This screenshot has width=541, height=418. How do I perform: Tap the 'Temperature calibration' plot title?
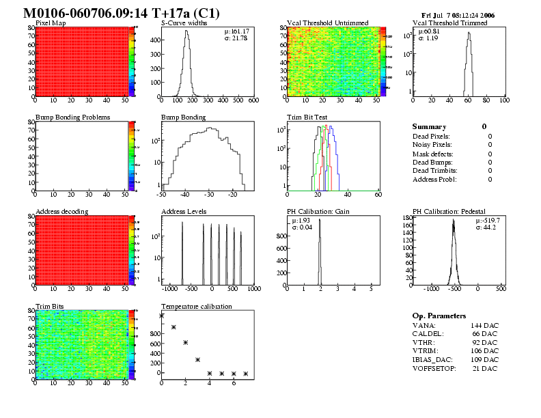click(x=196, y=306)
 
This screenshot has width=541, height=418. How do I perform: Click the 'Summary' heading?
click(x=429, y=127)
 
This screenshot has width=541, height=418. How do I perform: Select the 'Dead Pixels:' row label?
click(x=432, y=136)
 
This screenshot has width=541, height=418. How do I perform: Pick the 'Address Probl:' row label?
click(x=434, y=179)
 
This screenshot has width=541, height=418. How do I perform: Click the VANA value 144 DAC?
click(x=485, y=325)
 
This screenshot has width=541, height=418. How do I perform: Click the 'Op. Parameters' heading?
click(x=439, y=316)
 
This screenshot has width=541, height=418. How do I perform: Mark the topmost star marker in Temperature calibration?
click(x=162, y=316)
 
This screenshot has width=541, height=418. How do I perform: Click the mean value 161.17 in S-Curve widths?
click(x=239, y=31)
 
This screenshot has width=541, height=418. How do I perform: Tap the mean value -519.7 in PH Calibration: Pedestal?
click(x=490, y=220)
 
